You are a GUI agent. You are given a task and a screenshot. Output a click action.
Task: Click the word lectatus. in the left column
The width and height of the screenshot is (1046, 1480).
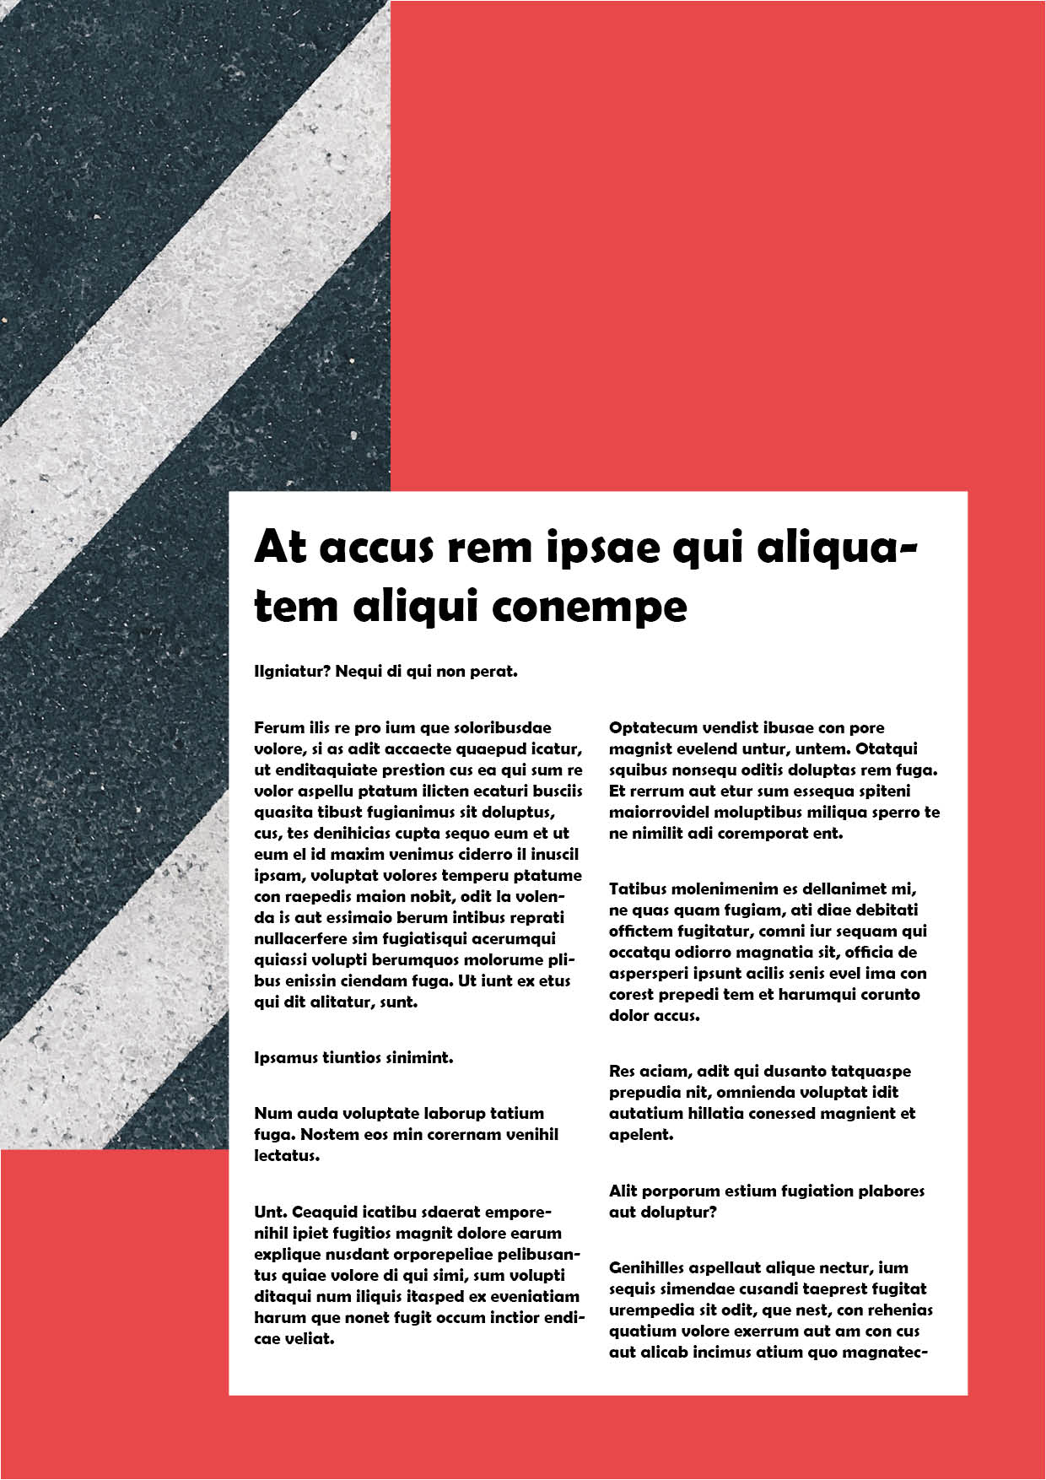click(287, 1156)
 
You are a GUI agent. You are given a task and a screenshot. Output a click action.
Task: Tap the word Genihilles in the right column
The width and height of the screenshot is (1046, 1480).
click(646, 1268)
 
